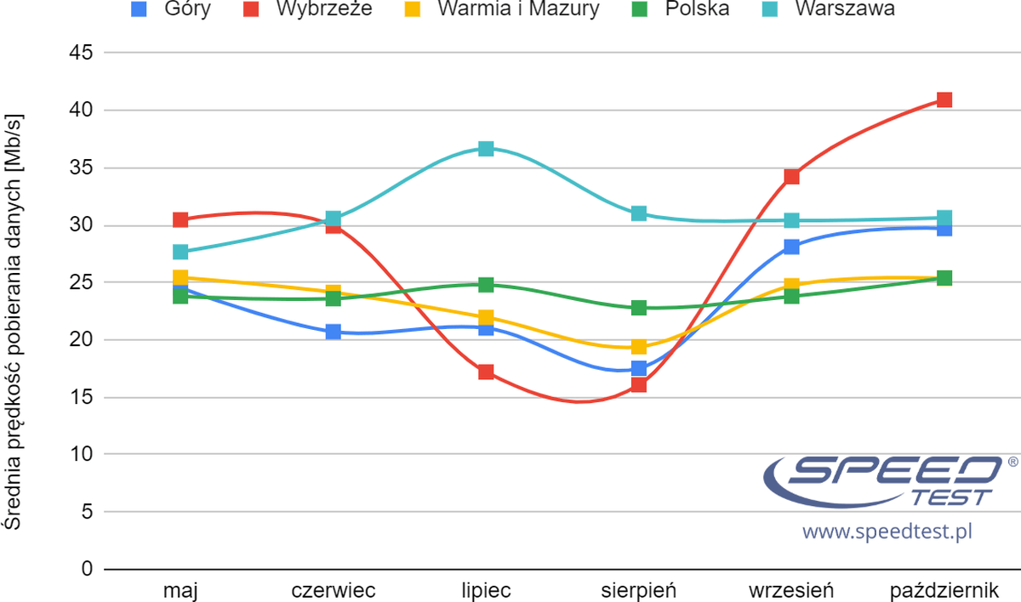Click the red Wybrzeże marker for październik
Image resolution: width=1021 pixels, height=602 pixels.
pyautogui.click(x=944, y=99)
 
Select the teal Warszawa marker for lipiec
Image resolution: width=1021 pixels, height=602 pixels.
pyautogui.click(x=486, y=149)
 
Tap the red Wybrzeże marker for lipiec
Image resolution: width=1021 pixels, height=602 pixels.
pyautogui.click(x=486, y=372)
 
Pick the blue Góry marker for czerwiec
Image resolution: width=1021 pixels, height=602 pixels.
pyautogui.click(x=334, y=332)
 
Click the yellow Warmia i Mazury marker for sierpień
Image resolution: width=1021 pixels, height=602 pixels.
pyautogui.click(x=639, y=347)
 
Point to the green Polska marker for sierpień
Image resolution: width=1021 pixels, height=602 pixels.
pyautogui.click(x=639, y=308)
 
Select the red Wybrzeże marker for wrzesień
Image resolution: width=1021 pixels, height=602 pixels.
pyautogui.click(x=791, y=177)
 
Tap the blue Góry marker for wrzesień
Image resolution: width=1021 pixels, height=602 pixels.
pyautogui.click(x=791, y=247)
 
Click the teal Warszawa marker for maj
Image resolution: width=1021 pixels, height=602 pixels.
pyautogui.click(x=180, y=252)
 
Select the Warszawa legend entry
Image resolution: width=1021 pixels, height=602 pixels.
pyautogui.click(x=845, y=9)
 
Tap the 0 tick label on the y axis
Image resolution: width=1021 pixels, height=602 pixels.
pyautogui.click(x=85, y=569)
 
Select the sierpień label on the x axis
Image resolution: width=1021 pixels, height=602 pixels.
pyautogui.click(x=638, y=590)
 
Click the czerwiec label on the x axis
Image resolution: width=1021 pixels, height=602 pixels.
pyautogui.click(x=334, y=590)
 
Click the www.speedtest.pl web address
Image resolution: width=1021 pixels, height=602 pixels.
pyautogui.click(x=887, y=532)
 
